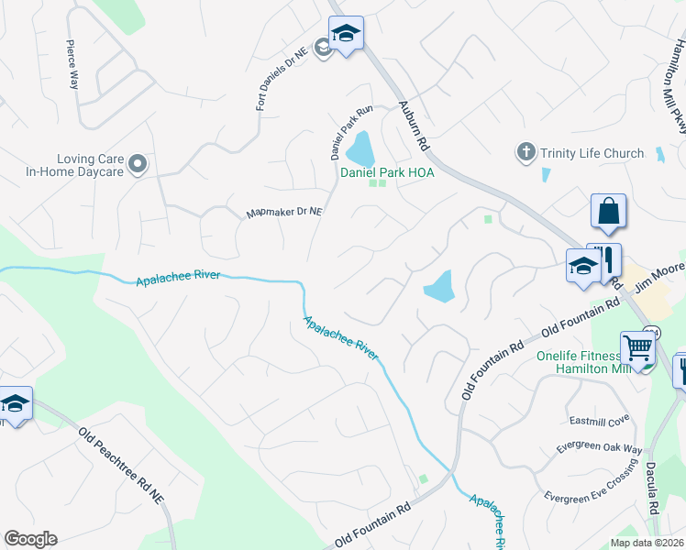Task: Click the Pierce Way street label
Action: click(x=71, y=63)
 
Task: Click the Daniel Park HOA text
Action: click(x=387, y=171)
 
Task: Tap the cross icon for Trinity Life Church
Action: click(x=526, y=152)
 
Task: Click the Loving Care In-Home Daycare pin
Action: click(x=138, y=165)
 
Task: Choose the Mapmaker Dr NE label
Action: click(x=284, y=213)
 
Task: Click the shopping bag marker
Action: click(x=608, y=212)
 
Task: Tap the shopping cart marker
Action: click(x=637, y=348)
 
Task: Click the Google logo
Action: click(x=30, y=539)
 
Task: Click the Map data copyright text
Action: click(x=647, y=543)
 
